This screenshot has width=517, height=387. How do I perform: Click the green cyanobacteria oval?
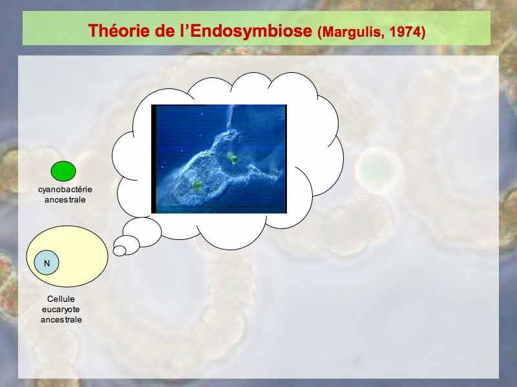click(63, 171)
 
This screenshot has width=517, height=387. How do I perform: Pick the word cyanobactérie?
click(65, 190)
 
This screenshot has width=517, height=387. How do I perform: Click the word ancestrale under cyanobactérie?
click(65, 200)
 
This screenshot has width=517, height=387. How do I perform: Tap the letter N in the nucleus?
click(47, 263)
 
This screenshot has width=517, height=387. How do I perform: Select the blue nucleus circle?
click(47, 263)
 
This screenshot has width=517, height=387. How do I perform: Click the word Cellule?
click(61, 299)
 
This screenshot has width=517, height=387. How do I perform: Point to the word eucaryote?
click(61, 310)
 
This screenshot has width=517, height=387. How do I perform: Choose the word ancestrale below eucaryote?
click(61, 319)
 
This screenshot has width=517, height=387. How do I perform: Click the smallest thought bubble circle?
click(120, 251)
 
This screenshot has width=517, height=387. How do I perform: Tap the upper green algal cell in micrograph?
click(233, 158)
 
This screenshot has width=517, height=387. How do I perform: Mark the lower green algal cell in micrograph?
click(196, 185)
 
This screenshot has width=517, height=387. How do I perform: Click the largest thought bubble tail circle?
click(142, 232)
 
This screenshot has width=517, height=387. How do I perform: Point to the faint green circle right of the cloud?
click(379, 170)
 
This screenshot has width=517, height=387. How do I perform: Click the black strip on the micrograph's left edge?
click(154, 159)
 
